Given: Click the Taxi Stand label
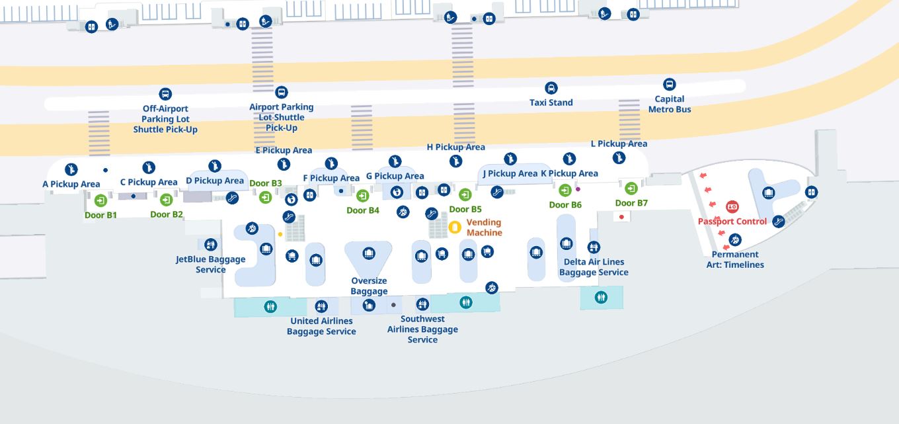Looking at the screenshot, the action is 551,103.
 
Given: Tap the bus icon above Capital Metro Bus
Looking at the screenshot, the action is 669,84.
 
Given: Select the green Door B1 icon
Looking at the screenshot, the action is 100,200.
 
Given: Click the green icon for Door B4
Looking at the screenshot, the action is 362,196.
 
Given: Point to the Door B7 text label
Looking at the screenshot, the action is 631,203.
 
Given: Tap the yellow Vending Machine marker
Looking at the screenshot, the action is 455,228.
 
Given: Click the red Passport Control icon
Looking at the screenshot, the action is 732,207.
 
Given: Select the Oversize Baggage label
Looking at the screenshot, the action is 370,286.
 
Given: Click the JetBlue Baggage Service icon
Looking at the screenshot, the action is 211,244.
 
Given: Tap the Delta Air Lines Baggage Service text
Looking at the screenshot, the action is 594,267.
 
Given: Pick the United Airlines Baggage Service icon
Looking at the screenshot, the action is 321,307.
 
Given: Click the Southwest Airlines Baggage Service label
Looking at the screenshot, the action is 422,329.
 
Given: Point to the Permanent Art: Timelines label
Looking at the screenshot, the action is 735,259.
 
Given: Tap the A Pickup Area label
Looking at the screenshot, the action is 71,185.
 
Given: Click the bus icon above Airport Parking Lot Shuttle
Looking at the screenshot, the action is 282,93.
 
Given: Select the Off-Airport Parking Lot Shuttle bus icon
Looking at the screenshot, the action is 165,94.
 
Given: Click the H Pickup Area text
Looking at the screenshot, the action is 456,147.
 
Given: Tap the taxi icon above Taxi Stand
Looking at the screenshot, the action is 551,88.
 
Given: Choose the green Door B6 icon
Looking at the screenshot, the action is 565,190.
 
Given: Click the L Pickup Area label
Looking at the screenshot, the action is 619,144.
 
